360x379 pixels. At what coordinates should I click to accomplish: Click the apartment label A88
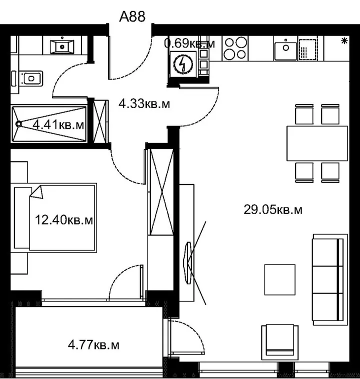click(x=132, y=16)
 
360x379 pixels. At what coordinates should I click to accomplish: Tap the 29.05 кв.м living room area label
click(x=273, y=209)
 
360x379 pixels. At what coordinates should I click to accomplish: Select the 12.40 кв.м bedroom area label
click(x=64, y=220)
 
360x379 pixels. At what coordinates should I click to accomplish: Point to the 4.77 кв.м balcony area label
click(x=93, y=344)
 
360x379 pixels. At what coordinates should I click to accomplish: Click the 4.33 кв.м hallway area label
click(x=144, y=103)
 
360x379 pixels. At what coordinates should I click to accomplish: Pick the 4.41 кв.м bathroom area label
click(x=58, y=125)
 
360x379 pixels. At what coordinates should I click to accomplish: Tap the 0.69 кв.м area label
click(x=189, y=43)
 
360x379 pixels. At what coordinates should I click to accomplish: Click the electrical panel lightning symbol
click(x=183, y=64)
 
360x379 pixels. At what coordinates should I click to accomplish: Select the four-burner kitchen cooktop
click(x=235, y=48)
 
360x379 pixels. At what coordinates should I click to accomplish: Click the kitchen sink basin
click(x=285, y=50)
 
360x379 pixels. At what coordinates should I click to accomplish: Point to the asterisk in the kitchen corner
click(x=344, y=41)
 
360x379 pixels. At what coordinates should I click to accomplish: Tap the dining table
click(x=317, y=143)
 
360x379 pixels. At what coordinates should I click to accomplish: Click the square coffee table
click(x=279, y=279)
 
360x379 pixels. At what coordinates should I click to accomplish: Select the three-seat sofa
click(x=330, y=279)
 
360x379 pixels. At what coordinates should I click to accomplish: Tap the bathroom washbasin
click(x=62, y=46)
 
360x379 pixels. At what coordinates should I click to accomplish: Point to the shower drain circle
click(x=18, y=124)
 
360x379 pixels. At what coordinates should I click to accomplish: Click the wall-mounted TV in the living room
click(x=187, y=262)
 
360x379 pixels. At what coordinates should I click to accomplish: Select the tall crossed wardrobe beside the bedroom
click(x=161, y=192)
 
